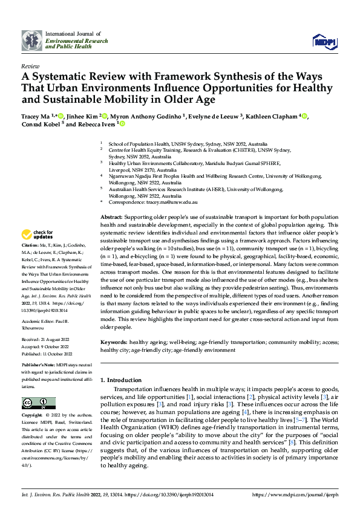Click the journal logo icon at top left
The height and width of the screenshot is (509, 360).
click(31, 40)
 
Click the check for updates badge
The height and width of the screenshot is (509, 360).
click(38, 235)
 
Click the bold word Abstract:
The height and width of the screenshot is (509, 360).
click(111, 216)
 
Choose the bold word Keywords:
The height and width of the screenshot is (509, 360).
click(114, 342)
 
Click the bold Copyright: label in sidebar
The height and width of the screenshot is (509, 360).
click(33, 416)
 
